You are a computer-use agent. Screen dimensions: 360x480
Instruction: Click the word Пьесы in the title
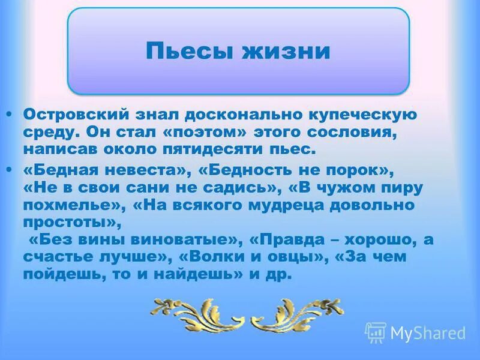click(181, 51)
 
